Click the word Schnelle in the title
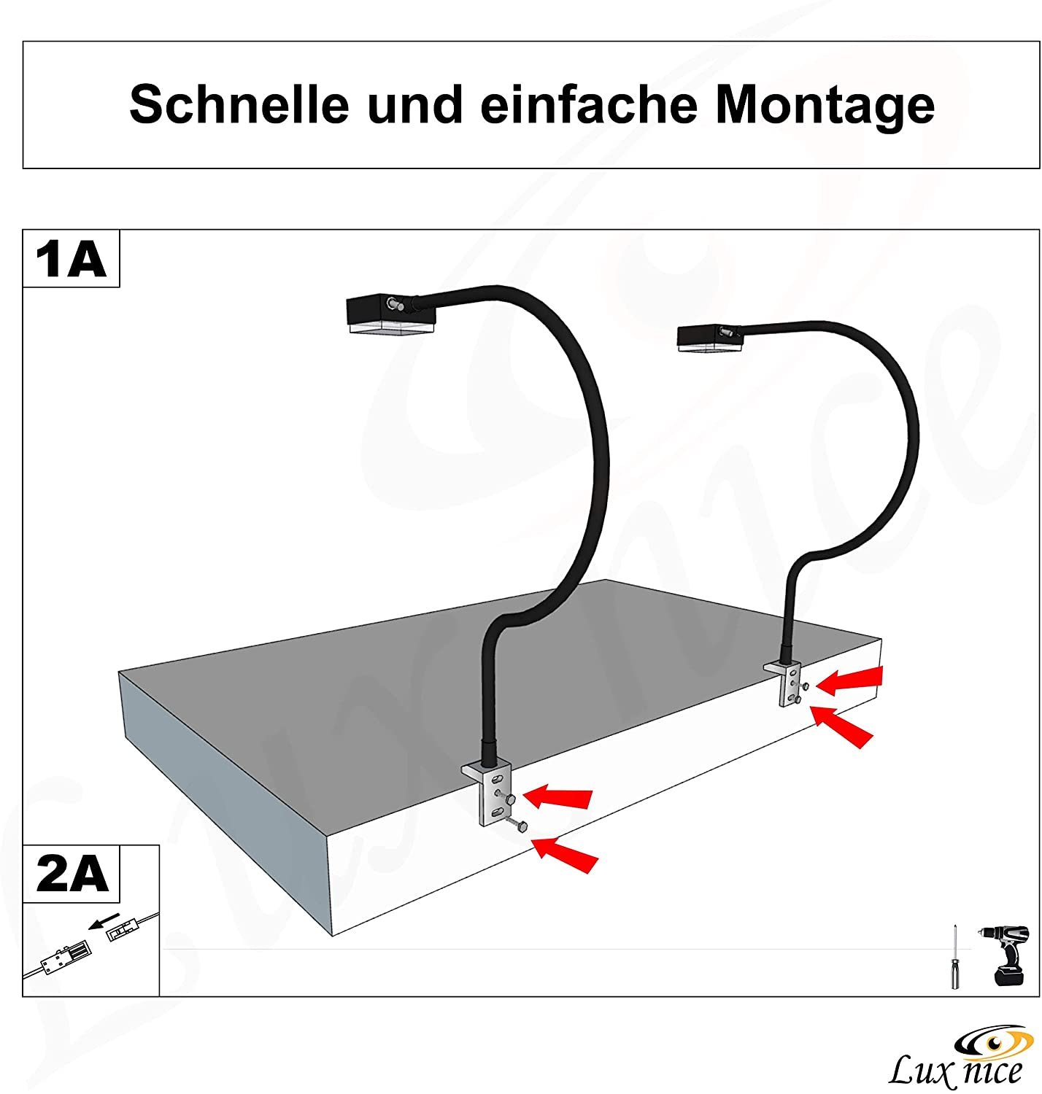239,104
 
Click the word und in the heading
414,104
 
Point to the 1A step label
71,259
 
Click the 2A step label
72,874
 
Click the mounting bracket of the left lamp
488,791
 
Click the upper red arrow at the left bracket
558,796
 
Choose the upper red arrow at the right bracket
850,680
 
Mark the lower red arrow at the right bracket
843,726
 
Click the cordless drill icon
1007,955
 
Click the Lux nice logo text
955,1071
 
